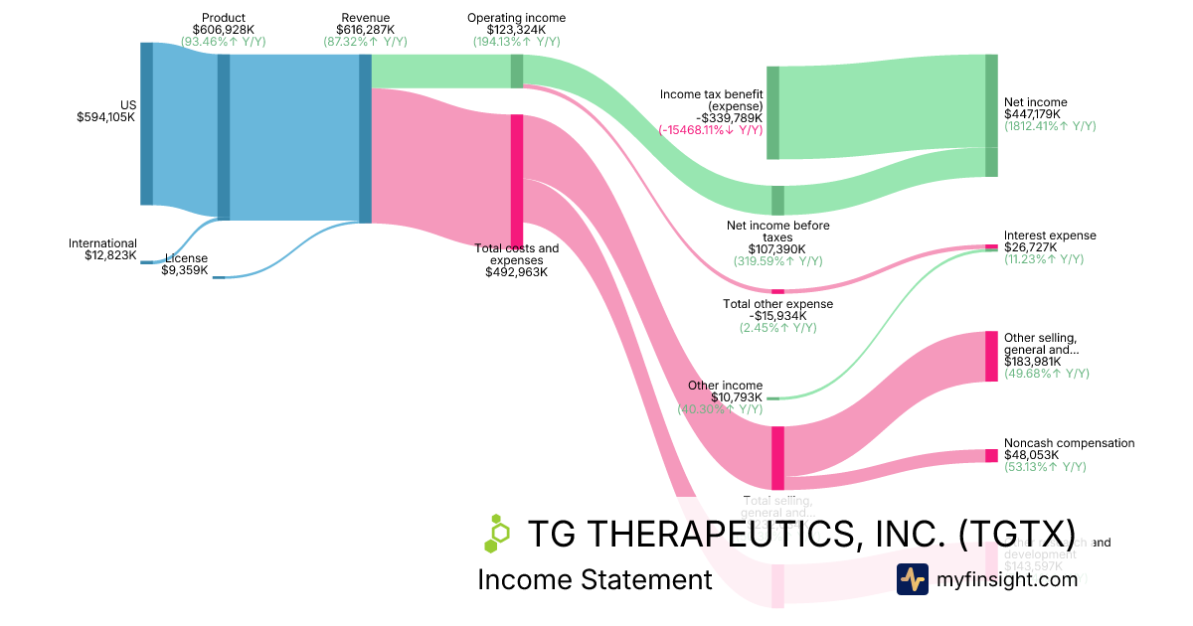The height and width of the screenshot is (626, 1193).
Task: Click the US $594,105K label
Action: coord(106,110)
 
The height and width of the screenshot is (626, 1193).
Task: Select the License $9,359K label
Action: coord(185,263)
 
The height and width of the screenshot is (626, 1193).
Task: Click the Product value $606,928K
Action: coord(224,30)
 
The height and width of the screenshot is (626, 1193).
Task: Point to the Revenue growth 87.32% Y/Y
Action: coord(365,42)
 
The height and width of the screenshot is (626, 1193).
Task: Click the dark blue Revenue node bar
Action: coord(365,138)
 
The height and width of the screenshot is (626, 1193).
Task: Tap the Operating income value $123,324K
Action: coord(516,30)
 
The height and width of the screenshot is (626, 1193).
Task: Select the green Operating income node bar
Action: coord(516,71)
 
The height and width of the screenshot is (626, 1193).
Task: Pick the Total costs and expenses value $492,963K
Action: coord(516,271)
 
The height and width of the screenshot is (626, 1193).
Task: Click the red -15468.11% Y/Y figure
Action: coord(710,129)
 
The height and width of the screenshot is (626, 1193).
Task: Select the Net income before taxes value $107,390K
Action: coord(777,249)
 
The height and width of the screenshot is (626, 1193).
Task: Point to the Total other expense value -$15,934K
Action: coord(777,315)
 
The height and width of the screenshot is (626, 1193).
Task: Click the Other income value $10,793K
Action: coord(737,397)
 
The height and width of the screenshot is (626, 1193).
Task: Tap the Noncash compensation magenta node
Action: coord(990,455)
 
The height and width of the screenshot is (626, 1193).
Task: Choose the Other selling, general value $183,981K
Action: coord(1032,362)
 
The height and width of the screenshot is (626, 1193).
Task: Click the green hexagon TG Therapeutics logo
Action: coord(496,533)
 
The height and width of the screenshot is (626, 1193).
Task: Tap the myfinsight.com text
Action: coord(1006,579)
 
